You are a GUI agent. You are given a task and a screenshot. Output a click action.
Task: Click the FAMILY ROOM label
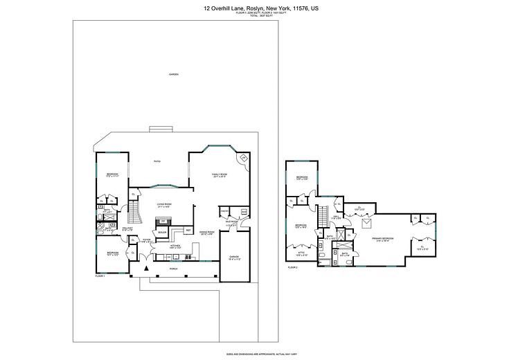[x=219, y=174]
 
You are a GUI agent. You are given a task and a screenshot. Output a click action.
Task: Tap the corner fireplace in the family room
[x=244, y=159]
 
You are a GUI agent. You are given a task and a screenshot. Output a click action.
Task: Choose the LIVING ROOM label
[x=164, y=204]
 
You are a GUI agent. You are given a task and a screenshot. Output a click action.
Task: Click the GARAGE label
[x=234, y=257]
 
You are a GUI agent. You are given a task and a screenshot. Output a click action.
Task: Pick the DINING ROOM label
[x=207, y=233]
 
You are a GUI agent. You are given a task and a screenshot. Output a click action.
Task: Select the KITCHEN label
[x=176, y=246]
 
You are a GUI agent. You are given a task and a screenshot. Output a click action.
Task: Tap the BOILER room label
[x=161, y=232]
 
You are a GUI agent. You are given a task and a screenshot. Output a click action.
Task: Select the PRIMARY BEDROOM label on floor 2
[x=382, y=239]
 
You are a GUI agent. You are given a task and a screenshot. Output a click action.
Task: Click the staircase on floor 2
[x=322, y=216]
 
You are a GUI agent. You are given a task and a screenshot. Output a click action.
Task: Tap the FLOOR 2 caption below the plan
[x=293, y=267]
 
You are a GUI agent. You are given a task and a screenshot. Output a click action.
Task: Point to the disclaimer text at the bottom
[x=254, y=353]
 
